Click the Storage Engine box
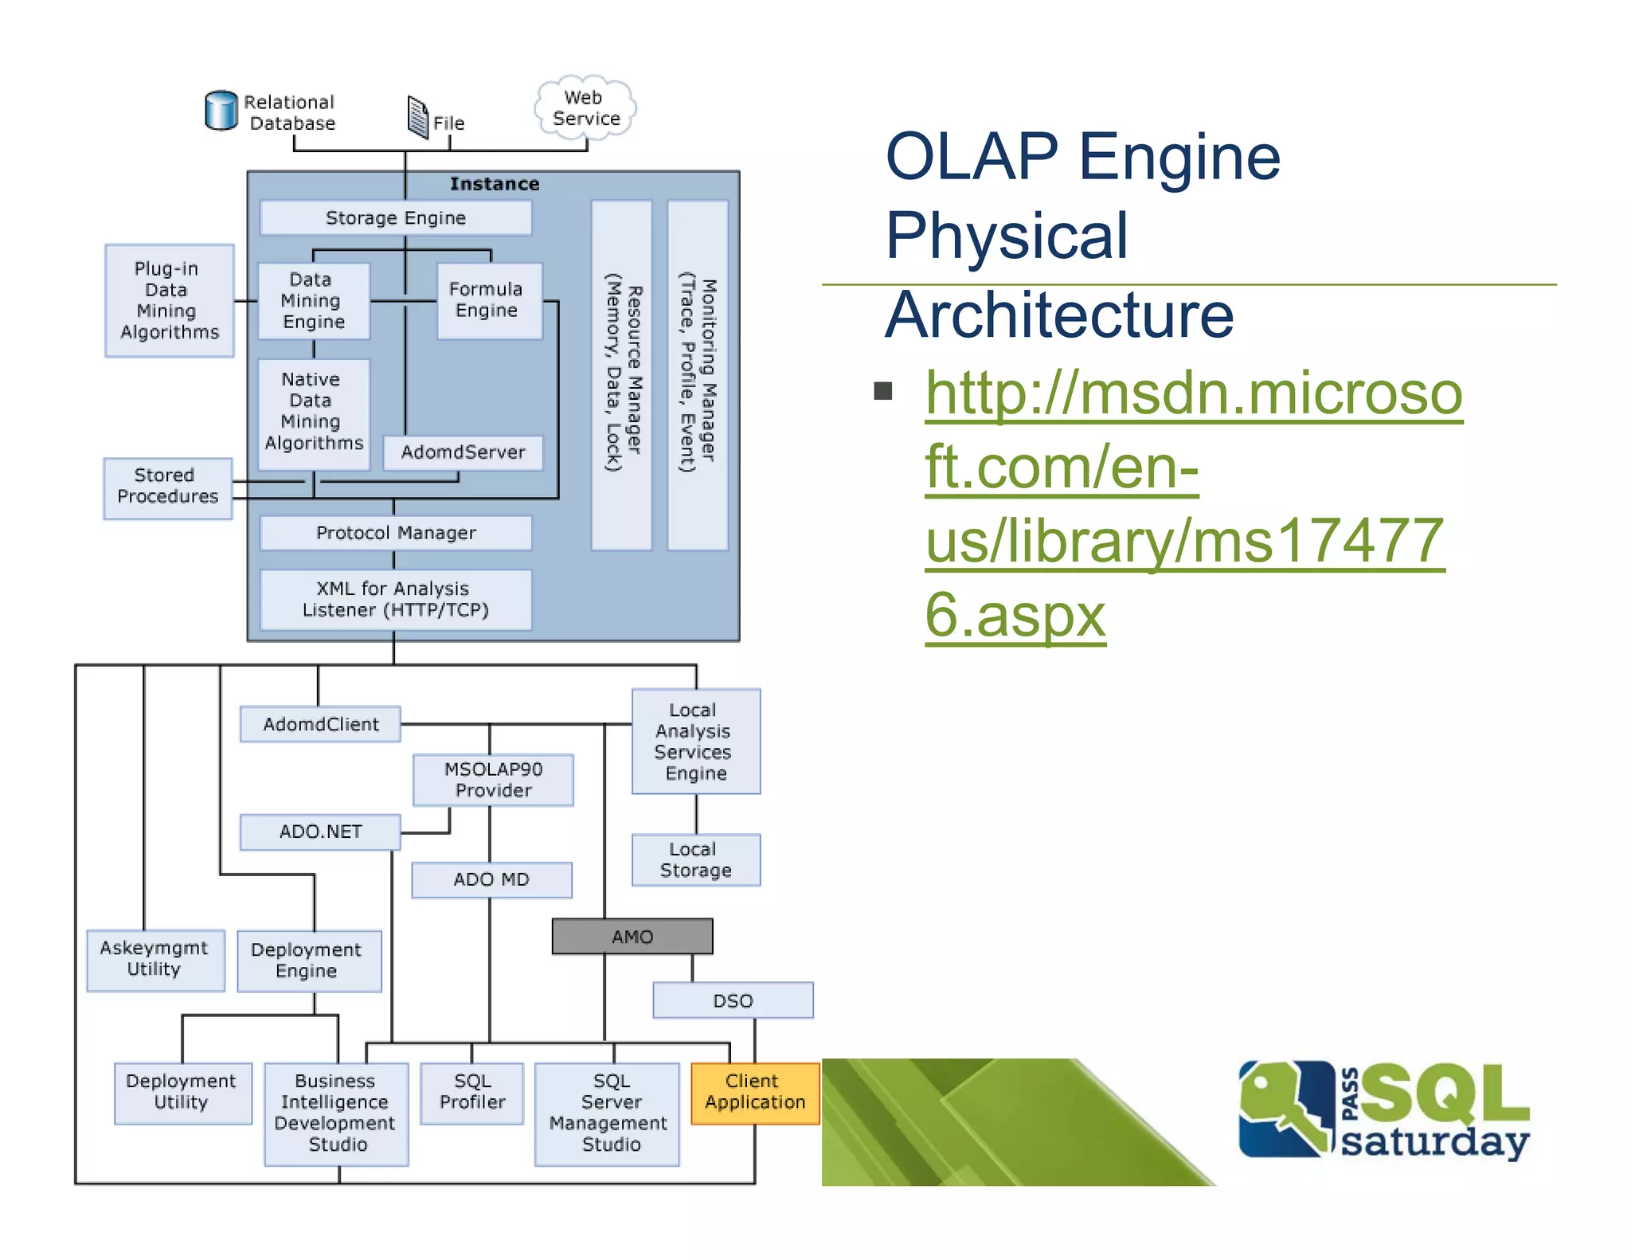coord(396,217)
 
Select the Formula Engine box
coord(489,300)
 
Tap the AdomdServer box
coord(463,452)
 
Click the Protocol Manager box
coord(396,533)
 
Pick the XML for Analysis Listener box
coord(396,600)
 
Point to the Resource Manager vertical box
coord(622,375)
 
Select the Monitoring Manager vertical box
coord(698,375)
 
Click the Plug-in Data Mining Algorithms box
coord(169,300)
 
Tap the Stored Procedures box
coord(167,487)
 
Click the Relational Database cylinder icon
coord(221,111)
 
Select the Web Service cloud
coord(585,108)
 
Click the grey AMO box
coord(632,937)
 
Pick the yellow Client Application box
coord(755,1093)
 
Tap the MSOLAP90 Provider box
coord(493,780)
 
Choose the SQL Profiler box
coord(472,1093)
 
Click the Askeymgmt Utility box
coord(154,960)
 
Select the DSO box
coord(733,1000)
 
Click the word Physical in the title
coord(1007,236)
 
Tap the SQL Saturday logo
coord(1383,1110)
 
